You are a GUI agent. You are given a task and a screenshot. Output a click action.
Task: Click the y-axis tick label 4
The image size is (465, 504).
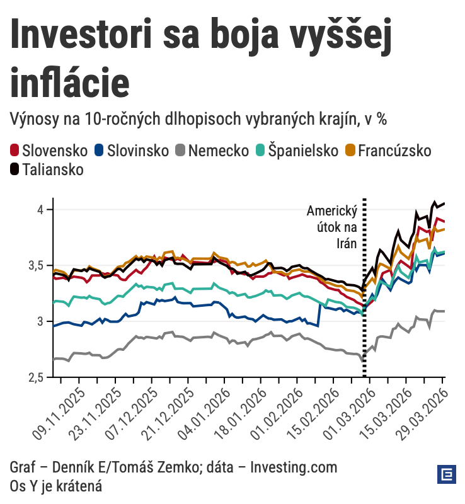point(40,209)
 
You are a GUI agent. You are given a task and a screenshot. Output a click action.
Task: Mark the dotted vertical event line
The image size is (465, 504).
point(365,296)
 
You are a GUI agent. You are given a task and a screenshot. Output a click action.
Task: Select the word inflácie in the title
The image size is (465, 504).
point(71,82)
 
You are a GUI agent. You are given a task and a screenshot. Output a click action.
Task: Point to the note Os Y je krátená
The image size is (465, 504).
point(56,486)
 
